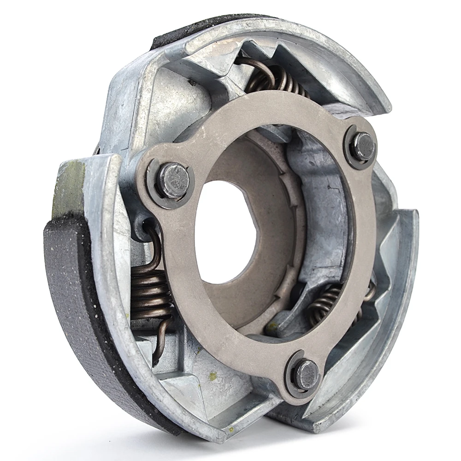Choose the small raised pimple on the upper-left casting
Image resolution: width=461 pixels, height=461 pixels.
(190, 83)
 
